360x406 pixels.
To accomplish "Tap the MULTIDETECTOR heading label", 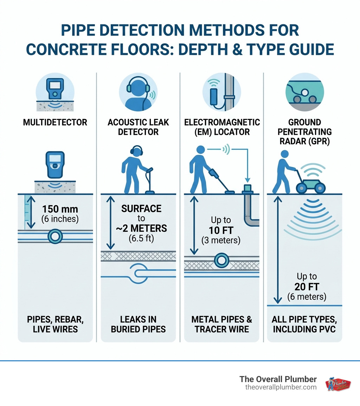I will tap(55, 123).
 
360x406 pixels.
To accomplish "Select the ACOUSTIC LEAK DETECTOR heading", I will tap(138, 127).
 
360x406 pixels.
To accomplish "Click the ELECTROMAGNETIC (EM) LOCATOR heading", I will tap(221, 127).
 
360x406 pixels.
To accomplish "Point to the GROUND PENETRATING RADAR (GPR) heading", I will tap(304, 132).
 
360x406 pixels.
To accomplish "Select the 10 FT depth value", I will tap(221, 230).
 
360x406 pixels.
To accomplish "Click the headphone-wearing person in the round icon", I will tap(138, 93).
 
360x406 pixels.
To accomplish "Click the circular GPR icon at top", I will tap(304, 92).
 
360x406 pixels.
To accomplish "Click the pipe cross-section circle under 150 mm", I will tap(55, 236).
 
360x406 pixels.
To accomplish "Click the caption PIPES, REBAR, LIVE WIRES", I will tap(55, 324).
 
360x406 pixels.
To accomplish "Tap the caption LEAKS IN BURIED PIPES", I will tap(138, 324).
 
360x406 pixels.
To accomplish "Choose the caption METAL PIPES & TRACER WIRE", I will tap(221, 324).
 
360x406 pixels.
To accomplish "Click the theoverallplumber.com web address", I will tap(281, 387).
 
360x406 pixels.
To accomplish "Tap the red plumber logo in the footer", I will tap(338, 383).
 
